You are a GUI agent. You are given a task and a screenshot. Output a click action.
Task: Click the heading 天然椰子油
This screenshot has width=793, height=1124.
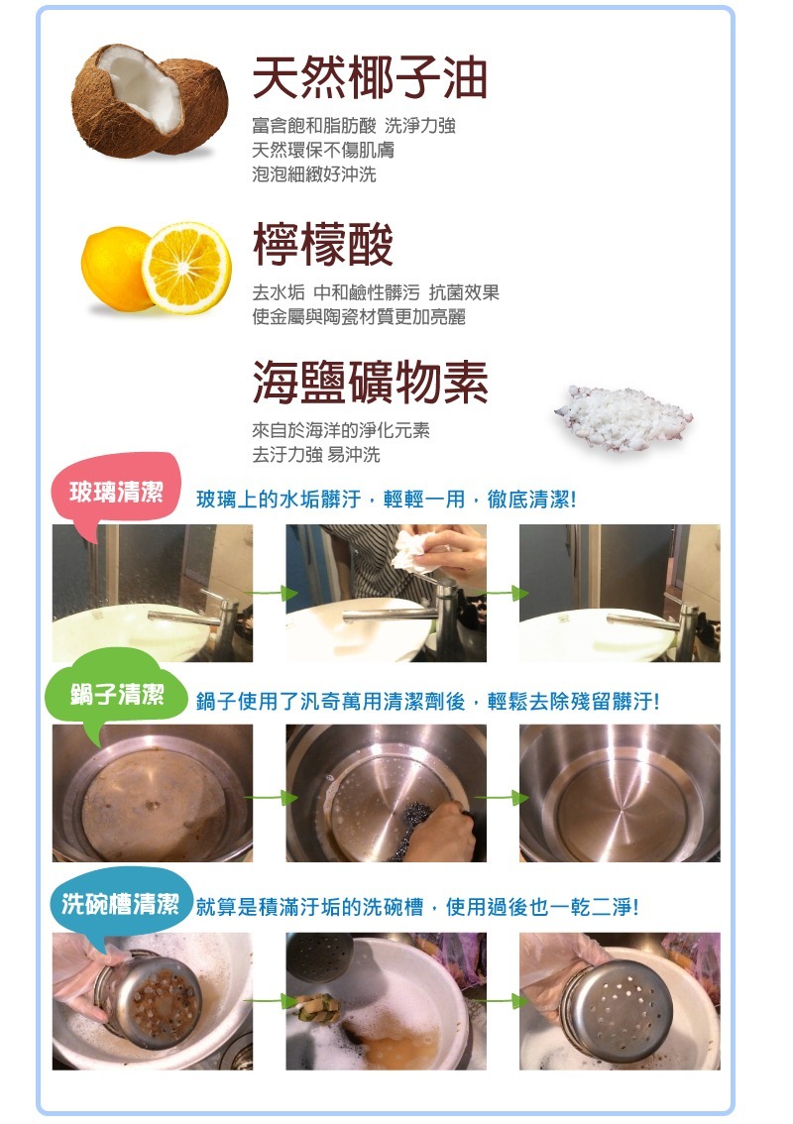(370, 78)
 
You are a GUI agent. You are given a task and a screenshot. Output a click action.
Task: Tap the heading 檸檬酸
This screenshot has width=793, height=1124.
(323, 245)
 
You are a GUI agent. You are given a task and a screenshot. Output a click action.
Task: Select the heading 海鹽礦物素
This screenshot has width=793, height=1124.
(370, 383)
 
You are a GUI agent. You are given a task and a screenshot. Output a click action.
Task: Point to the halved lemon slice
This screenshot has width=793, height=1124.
(185, 267)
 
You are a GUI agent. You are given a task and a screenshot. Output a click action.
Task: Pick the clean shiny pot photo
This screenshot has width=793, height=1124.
(620, 793)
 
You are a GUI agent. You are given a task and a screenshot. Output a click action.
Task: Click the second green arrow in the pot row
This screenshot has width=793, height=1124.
(504, 797)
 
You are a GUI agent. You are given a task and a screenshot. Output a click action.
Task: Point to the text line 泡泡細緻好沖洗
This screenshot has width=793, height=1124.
(313, 175)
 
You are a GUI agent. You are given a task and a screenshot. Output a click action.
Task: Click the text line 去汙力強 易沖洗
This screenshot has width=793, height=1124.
(315, 455)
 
